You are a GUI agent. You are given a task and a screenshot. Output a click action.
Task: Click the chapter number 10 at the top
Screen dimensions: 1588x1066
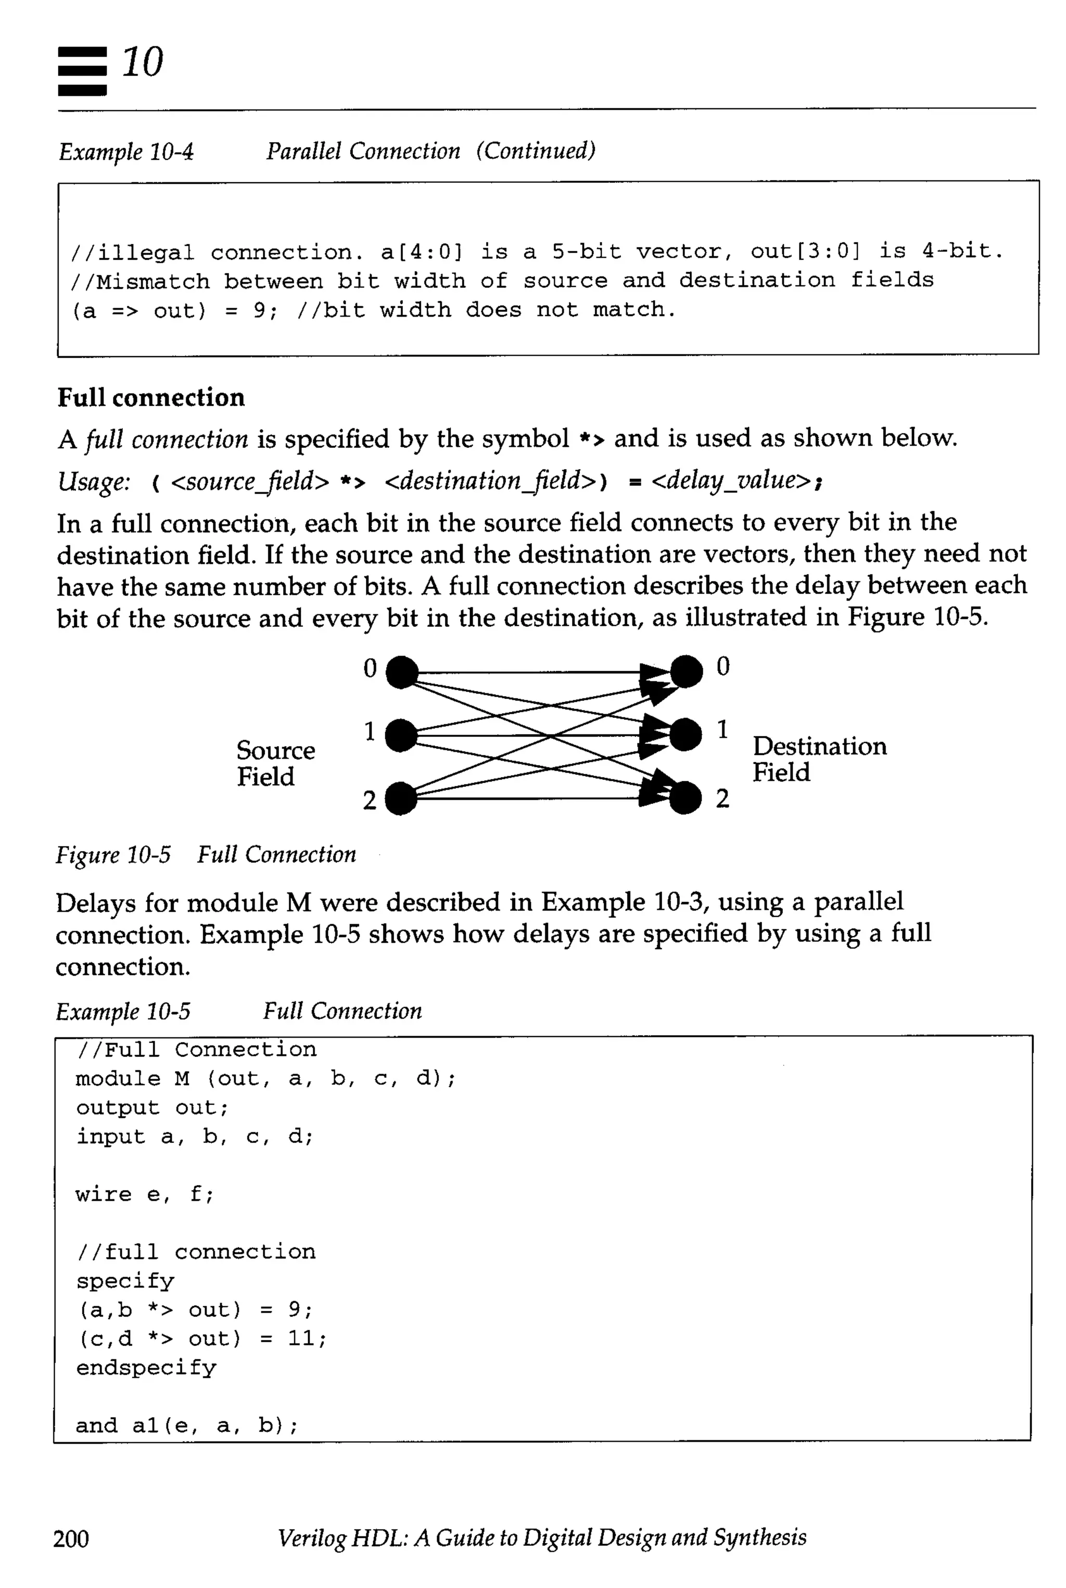point(142,62)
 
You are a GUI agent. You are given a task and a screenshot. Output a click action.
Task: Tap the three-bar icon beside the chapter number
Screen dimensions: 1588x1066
point(82,71)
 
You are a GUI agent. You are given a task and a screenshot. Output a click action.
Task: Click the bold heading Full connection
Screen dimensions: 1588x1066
point(151,398)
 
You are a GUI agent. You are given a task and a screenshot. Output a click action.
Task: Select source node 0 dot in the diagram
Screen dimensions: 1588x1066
point(402,672)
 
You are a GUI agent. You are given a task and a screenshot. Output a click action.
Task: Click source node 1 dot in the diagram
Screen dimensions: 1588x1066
point(401,735)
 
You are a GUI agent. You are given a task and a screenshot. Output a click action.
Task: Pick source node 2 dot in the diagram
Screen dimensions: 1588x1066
point(401,798)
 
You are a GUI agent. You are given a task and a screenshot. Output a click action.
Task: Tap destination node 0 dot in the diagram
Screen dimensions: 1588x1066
point(687,672)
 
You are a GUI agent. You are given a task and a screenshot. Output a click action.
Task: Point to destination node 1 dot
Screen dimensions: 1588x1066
point(686,735)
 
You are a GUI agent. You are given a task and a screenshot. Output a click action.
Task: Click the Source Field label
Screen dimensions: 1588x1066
point(275,763)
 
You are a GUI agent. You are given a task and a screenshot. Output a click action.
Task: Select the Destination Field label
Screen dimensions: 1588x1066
point(819,759)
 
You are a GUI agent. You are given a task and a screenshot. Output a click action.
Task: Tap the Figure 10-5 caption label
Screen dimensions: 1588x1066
point(113,855)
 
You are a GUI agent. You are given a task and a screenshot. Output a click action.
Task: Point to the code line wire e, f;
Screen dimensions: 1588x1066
point(145,1194)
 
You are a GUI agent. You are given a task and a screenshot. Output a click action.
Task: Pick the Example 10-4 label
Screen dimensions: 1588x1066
point(126,152)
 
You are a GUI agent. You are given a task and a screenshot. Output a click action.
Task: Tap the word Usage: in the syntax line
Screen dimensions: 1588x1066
point(93,482)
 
